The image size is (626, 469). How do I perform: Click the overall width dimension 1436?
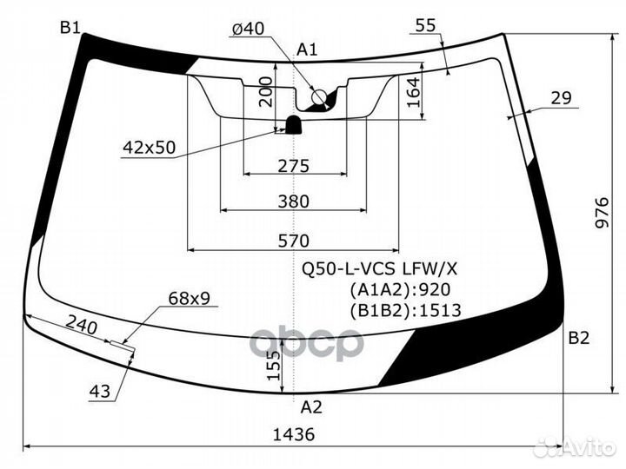click(x=294, y=434)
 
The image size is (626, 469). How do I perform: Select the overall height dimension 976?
click(x=602, y=212)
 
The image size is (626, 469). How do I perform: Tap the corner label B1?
click(x=70, y=28)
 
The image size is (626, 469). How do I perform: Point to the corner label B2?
click(x=578, y=338)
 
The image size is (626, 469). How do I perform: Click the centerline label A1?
click(x=307, y=50)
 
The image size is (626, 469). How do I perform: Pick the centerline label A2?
click(x=311, y=407)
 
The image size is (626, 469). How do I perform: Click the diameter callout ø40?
click(x=248, y=29)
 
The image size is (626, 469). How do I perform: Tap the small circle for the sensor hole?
click(x=319, y=97)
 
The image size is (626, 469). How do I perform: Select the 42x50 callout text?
click(x=149, y=148)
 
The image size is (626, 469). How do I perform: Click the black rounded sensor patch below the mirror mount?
click(x=294, y=125)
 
